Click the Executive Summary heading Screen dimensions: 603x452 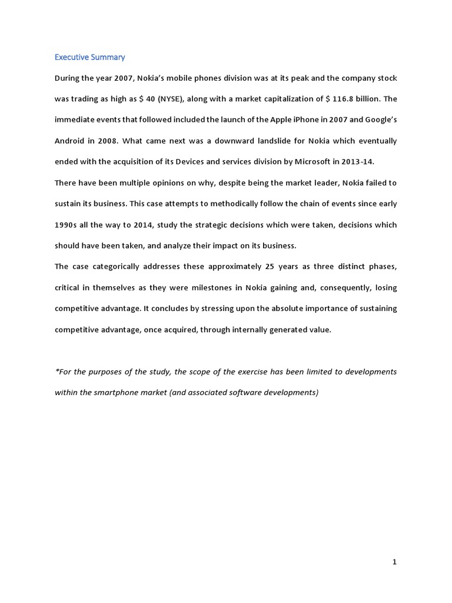(89, 57)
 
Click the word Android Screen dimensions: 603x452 (69, 141)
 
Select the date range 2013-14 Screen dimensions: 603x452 (356, 162)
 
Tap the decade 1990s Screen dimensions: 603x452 (67, 225)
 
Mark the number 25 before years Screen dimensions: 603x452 (270, 267)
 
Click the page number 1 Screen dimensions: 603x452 (394, 562)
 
